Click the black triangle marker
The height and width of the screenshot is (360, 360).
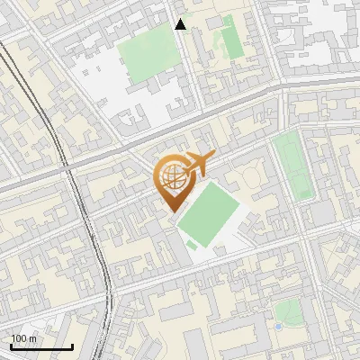tap(181, 24)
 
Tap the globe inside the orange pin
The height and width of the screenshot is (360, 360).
tap(170, 175)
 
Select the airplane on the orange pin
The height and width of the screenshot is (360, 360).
tap(195, 165)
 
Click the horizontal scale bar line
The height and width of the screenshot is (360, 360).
tap(41, 346)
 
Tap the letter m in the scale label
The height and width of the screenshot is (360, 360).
tap(33, 338)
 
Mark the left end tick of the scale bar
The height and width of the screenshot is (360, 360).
tap(11, 345)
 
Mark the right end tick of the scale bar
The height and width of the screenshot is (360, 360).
tap(72, 345)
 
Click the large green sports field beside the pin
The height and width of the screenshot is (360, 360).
tap(209, 211)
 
